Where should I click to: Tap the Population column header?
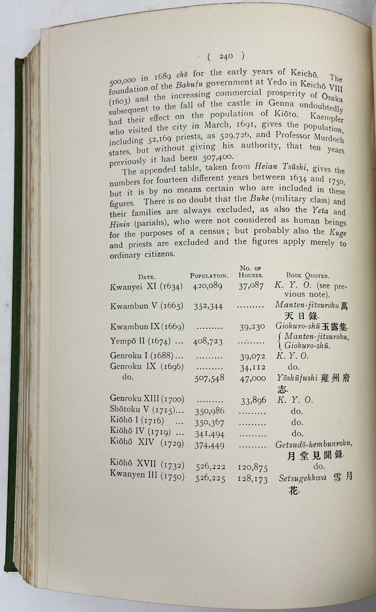tap(209, 276)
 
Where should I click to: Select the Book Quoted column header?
tap(308, 275)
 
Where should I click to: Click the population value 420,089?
tap(208, 286)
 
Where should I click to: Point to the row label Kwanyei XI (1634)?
tap(146, 286)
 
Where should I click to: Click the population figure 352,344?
tap(208, 306)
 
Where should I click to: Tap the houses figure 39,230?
tap(252, 327)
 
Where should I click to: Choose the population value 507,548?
tap(209, 378)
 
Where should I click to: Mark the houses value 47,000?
tap(253, 378)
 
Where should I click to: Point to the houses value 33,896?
tap(253, 401)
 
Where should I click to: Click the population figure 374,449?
tap(209, 445)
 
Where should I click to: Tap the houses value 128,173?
tap(252, 479)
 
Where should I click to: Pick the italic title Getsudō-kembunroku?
tap(314, 444)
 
